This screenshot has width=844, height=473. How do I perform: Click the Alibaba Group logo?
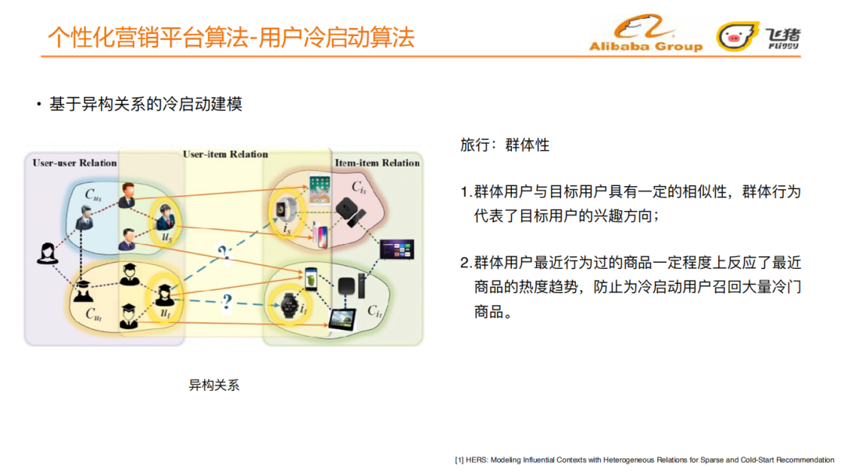coord(646,35)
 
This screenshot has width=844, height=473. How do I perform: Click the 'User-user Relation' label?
coord(74,163)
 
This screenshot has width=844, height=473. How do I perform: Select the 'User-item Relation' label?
coord(225,154)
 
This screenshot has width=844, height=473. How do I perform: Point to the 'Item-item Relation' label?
coord(377,163)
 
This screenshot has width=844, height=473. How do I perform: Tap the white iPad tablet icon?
coord(320,188)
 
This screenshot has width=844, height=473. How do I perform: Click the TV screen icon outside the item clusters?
coord(396,249)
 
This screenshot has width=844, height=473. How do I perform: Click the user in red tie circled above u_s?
coord(166,211)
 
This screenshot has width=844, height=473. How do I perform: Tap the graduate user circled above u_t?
coord(165,295)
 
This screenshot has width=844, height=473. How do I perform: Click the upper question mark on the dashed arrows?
coord(224,252)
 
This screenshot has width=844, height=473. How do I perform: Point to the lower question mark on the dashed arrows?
coord(227,301)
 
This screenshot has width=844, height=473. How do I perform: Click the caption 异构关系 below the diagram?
coord(213,385)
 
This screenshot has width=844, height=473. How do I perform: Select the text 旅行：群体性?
coord(505,145)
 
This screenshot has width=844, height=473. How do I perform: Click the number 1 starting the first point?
coord(465,192)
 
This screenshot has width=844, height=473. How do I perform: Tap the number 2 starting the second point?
coord(465,263)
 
